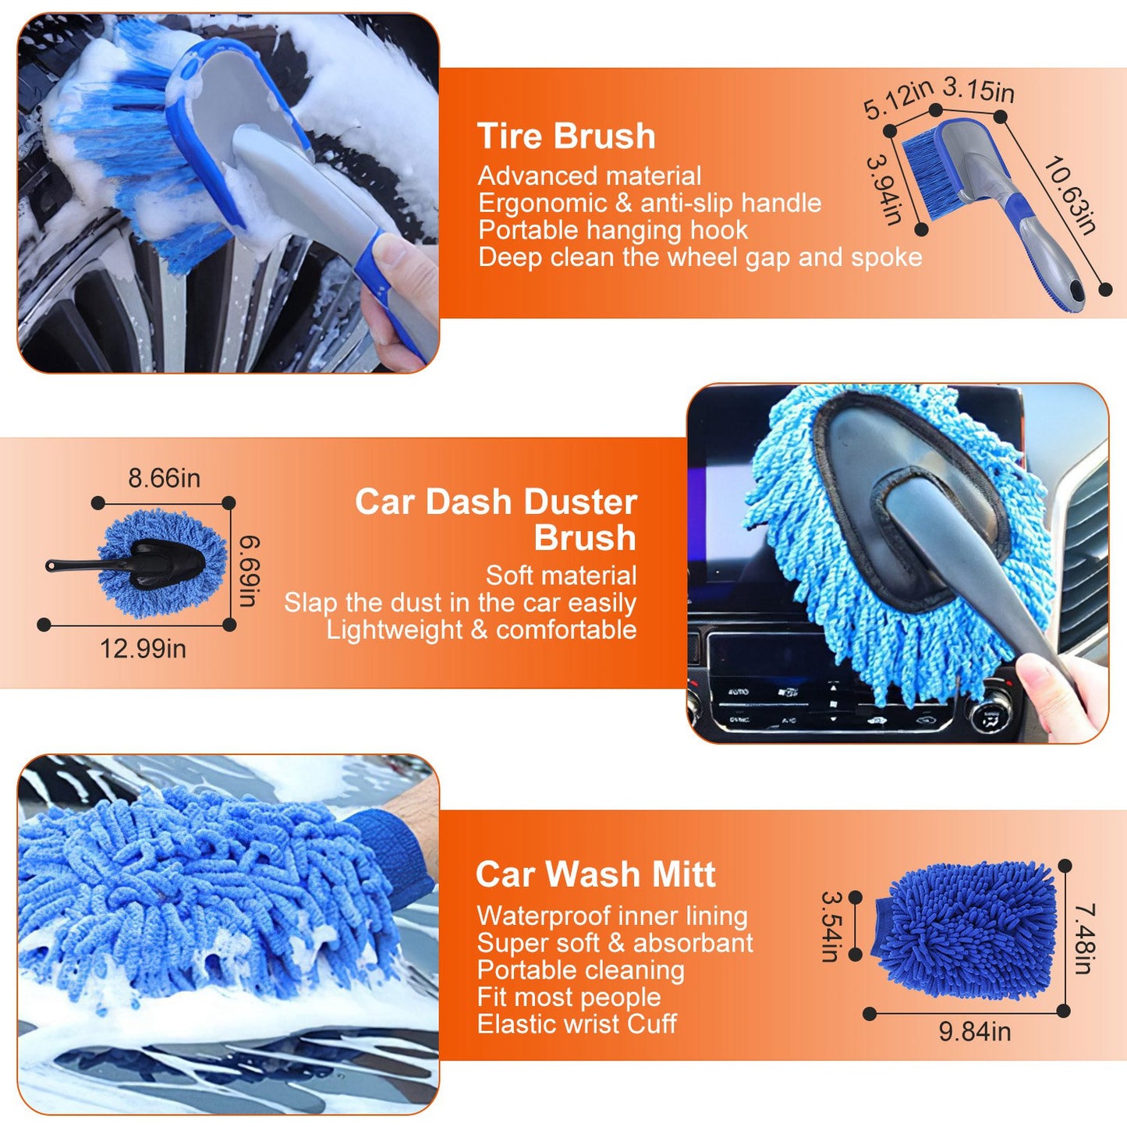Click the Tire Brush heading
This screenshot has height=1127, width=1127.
[566, 136]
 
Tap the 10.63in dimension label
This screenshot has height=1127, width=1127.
[1070, 195]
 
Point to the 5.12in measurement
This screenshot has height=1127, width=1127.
[897, 99]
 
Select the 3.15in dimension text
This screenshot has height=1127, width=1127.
[978, 90]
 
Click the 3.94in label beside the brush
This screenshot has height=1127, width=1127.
[884, 190]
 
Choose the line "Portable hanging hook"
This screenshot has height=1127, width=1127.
[613, 230]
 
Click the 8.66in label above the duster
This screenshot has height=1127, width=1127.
[164, 477]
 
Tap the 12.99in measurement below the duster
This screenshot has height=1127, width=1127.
[143, 648]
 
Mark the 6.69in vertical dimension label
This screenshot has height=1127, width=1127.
[249, 570]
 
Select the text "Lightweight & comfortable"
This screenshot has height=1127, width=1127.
[481, 629]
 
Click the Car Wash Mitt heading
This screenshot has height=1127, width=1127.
[596, 874]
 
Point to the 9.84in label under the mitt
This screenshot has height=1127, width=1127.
[974, 1032]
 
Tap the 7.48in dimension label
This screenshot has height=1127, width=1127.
[1085, 938]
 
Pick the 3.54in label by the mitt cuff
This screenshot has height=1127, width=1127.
[831, 927]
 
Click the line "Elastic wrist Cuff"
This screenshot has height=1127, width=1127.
[576, 1024]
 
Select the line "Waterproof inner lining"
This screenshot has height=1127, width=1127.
[612, 916]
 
